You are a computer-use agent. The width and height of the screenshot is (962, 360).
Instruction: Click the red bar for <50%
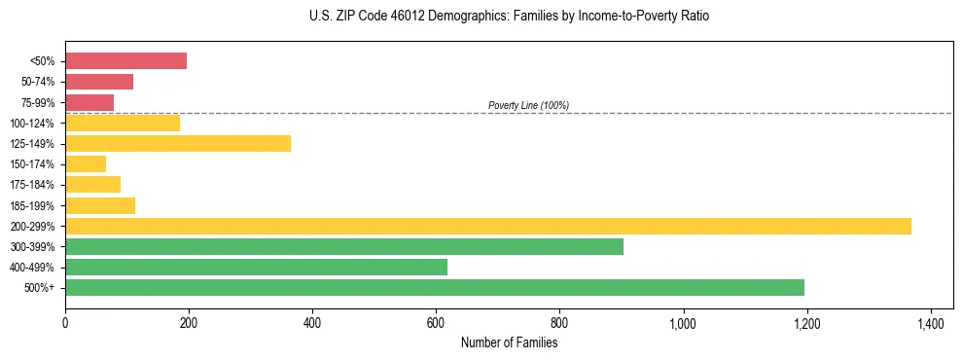[125, 61]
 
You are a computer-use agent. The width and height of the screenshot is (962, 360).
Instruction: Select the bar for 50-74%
[99, 82]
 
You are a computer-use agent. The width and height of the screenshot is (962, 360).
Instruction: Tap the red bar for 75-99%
[89, 102]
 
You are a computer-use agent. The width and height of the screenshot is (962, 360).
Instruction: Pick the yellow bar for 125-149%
[178, 144]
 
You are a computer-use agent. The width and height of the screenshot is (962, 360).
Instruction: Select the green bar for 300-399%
[344, 247]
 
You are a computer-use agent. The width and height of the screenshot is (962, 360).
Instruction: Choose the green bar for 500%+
[435, 288]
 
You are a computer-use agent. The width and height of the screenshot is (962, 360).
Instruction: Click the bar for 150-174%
[86, 164]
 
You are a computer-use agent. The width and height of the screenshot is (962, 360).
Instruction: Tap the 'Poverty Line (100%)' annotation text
[528, 105]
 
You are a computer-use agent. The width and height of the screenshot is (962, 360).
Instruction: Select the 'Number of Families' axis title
[510, 342]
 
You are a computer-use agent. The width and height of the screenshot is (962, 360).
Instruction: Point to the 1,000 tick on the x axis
[683, 321]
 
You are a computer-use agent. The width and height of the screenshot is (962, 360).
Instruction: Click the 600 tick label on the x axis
[436, 321]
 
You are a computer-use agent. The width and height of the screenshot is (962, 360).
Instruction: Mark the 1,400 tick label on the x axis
[930, 321]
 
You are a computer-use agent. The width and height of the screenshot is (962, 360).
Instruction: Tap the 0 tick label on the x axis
[65, 321]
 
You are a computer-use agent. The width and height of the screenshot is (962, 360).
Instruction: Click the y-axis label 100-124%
[34, 124]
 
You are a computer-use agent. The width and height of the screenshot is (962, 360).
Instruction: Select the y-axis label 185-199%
[34, 206]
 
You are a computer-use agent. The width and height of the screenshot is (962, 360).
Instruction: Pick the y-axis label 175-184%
[34, 185]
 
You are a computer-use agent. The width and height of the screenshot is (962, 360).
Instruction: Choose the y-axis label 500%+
[41, 288]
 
